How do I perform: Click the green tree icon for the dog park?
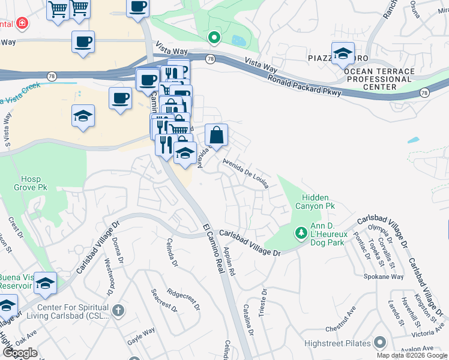pyautogui.click(x=300, y=232)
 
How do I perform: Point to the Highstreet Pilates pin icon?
pyautogui.click(x=379, y=343)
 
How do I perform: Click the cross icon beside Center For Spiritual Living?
pyautogui.click(x=118, y=310)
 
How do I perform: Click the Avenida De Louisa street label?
pyautogui.click(x=245, y=173)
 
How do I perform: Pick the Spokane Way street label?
pyautogui.click(x=384, y=277)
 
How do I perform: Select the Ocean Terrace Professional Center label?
pyautogui.click(x=379, y=79)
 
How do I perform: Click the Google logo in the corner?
pyautogui.click(x=20, y=353)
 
